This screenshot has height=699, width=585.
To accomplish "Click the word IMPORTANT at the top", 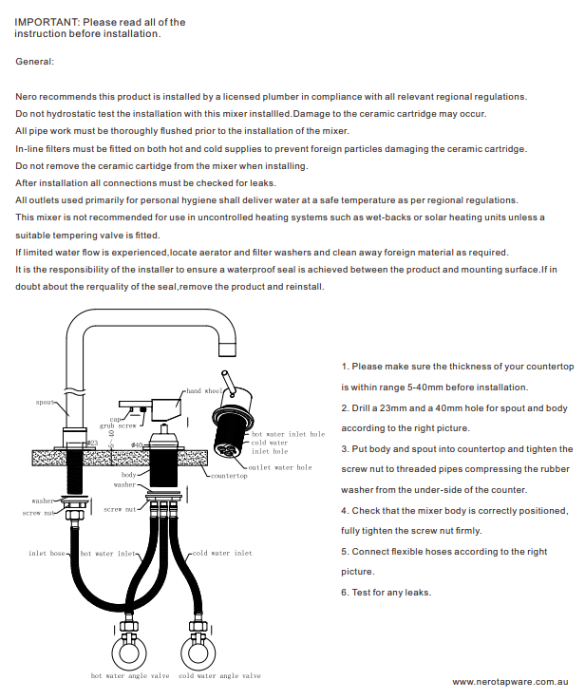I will point(45,21).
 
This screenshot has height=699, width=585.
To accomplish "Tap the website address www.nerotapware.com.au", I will point(509,682).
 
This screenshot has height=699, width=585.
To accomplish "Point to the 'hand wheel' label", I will point(203,391).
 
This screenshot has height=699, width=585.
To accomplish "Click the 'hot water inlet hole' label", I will point(288,434).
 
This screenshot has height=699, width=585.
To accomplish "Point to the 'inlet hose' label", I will point(47,552).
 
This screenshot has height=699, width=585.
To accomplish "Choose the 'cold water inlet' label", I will point(221,552).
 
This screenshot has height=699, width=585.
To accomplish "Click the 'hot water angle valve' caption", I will point(129,676).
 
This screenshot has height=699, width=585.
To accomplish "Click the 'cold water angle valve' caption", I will point(219,676).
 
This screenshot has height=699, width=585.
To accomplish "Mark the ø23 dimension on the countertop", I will point(93,443).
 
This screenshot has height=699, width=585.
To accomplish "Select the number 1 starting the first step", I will point(344,366).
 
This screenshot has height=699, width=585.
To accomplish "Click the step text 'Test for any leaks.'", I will point(390,593).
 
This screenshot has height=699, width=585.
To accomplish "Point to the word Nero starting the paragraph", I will point(27,97).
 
